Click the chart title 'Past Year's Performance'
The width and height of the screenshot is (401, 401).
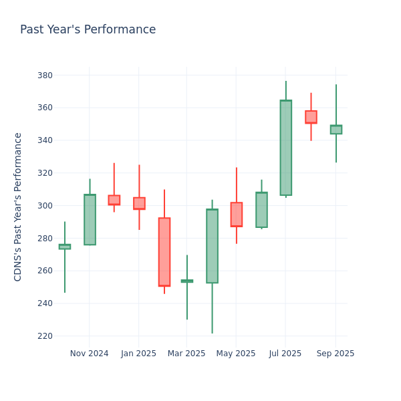click(88, 30)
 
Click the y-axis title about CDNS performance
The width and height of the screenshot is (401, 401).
click(18, 207)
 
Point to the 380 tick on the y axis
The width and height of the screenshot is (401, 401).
click(45, 75)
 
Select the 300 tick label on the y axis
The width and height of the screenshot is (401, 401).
click(45, 205)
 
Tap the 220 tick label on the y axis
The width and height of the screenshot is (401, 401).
click(45, 336)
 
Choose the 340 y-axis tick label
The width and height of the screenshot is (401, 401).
click(45, 140)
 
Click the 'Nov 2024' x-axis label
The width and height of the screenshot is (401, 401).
click(89, 354)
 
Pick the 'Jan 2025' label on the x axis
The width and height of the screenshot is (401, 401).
click(138, 354)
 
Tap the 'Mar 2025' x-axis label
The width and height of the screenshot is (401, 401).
click(186, 354)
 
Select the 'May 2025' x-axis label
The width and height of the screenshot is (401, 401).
click(236, 354)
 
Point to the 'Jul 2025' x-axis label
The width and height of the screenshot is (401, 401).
click(285, 354)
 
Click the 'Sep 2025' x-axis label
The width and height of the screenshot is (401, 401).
click(335, 354)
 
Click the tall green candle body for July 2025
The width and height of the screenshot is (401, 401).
click(285, 148)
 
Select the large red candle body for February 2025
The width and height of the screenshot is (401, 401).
click(164, 252)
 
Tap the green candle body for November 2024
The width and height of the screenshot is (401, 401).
click(90, 219)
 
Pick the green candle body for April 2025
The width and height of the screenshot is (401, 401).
click(212, 246)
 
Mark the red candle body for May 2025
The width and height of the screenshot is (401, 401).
click(236, 215)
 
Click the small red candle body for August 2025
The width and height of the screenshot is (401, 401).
click(311, 117)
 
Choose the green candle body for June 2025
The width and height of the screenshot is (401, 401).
click(261, 210)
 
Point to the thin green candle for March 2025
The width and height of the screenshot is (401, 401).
click(187, 281)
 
